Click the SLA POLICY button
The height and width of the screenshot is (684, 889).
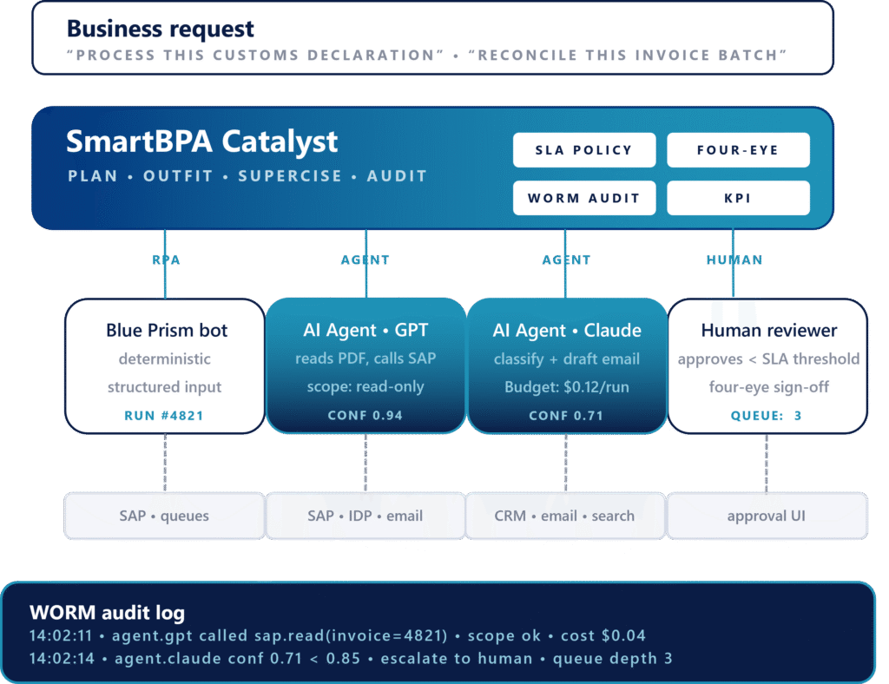point(584,150)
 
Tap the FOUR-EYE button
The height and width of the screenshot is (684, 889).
point(738,150)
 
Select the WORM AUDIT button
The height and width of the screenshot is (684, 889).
point(584,198)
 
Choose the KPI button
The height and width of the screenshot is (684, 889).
point(738,198)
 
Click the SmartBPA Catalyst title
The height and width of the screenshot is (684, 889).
point(201,141)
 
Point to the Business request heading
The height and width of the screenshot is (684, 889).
point(161,29)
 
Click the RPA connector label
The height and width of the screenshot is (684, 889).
point(166,260)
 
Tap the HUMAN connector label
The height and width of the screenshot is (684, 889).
point(734,260)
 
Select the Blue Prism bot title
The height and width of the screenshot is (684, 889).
point(167,330)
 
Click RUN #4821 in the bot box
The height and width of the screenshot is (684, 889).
point(164,416)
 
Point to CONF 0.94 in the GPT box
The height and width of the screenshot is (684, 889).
point(365,416)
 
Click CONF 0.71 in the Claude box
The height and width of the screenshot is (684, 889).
point(566,416)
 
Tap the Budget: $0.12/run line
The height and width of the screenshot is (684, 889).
point(567,387)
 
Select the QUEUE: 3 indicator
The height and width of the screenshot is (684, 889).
point(766,416)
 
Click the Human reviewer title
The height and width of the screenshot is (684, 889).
point(769,330)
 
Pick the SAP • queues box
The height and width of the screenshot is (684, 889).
point(164,516)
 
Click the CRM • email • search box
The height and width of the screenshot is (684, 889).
point(564,516)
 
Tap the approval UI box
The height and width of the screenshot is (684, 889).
point(767,516)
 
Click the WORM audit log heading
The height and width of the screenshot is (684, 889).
point(107,613)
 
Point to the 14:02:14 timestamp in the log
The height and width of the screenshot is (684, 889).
point(62,659)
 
